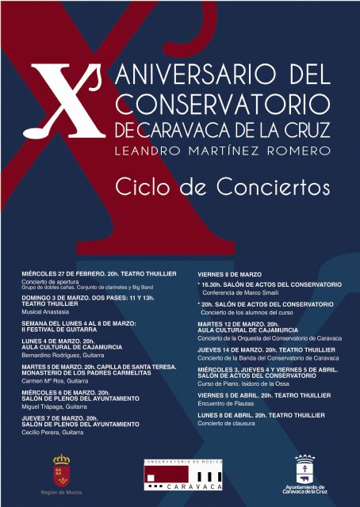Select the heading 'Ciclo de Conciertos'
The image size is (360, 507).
point(222,188)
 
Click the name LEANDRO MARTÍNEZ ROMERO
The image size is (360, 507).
point(223,149)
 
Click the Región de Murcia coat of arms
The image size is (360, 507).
point(61,468)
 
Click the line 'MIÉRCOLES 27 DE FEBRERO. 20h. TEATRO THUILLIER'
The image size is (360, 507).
point(98,273)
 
